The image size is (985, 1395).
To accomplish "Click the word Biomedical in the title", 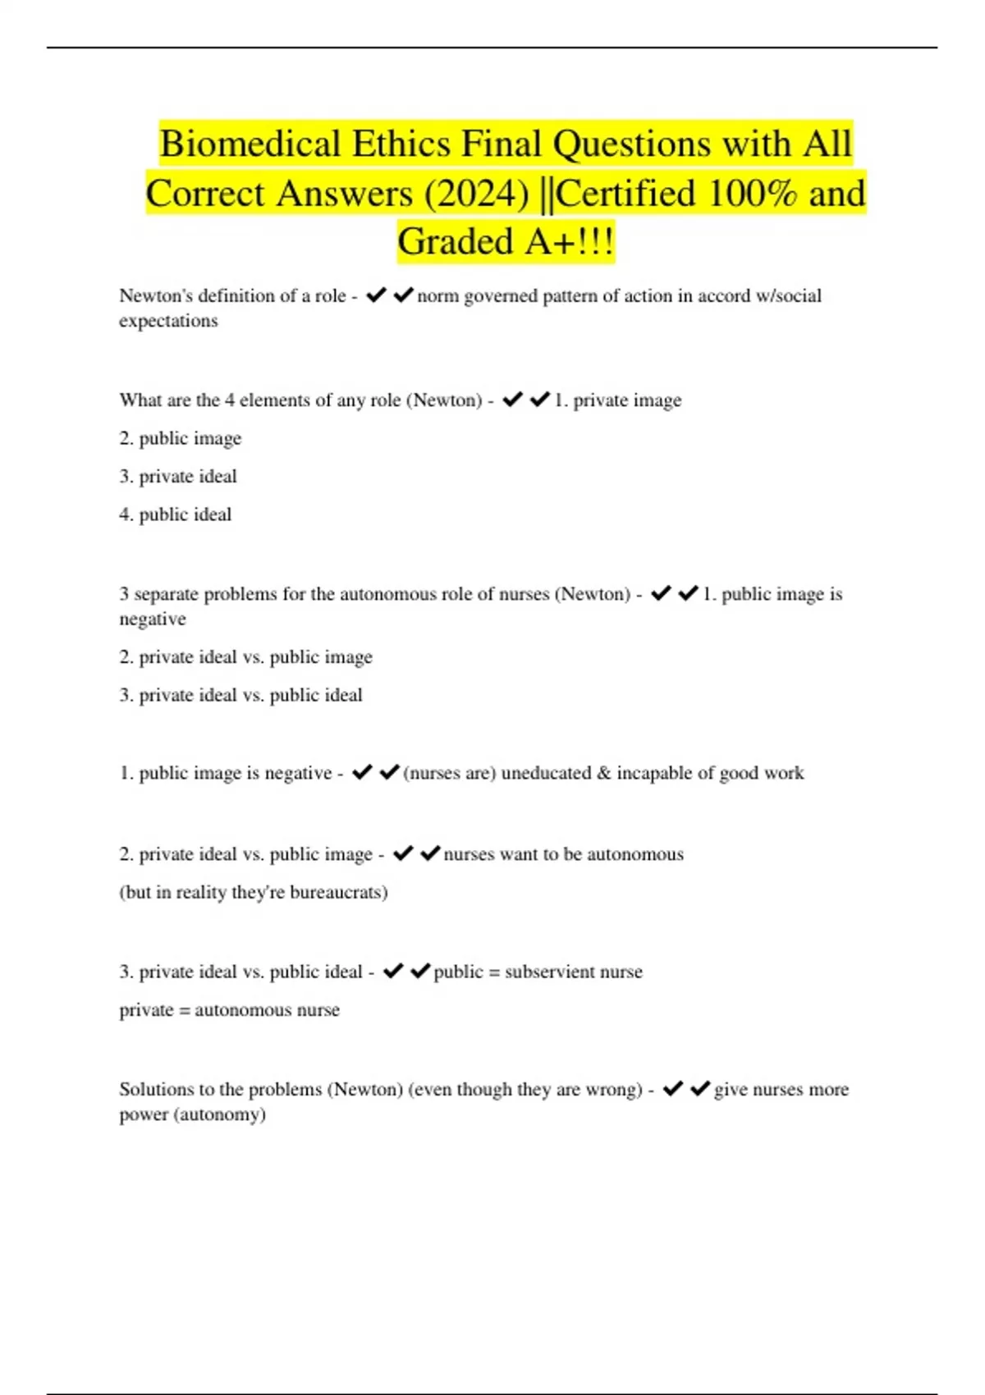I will (x=250, y=144).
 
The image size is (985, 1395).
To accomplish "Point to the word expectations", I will (x=168, y=321).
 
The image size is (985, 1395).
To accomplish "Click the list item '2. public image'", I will (x=181, y=438).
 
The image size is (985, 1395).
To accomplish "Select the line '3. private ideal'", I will (x=178, y=477).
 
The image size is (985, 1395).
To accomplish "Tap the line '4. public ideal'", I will (x=176, y=515).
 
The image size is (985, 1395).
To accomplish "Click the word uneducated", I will (x=546, y=773).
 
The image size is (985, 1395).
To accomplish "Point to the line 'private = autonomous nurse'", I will (x=229, y=1010).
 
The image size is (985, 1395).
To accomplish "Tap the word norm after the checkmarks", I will (x=438, y=295).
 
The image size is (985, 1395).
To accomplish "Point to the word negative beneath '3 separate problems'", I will (x=153, y=620).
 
